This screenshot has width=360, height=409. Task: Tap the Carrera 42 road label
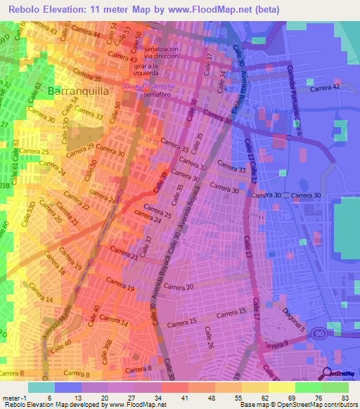click(326, 87)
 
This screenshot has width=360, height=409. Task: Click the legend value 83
click(344, 398)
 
